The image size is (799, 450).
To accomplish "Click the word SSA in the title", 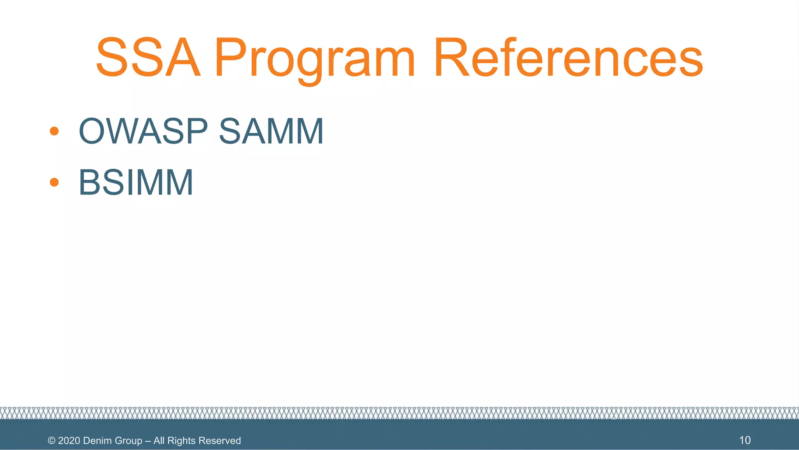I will [x=148, y=58].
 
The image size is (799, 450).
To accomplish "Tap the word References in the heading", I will [x=568, y=58].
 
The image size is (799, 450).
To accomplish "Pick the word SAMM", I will [x=271, y=131].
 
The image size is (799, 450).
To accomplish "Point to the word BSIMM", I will [x=136, y=182].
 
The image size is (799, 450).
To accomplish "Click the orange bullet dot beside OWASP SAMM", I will [x=54, y=131].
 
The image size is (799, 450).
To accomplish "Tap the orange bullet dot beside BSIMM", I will [x=54, y=182].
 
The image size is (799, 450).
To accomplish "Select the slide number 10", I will [x=745, y=440].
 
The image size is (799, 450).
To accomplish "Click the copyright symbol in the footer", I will [x=51, y=441].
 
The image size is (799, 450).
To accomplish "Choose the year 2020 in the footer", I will [x=69, y=441].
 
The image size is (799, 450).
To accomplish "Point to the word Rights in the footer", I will [x=181, y=441].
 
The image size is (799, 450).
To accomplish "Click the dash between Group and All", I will [x=148, y=441].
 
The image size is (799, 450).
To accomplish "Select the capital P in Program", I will [x=230, y=58].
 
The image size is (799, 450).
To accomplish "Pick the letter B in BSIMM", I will [x=90, y=182].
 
